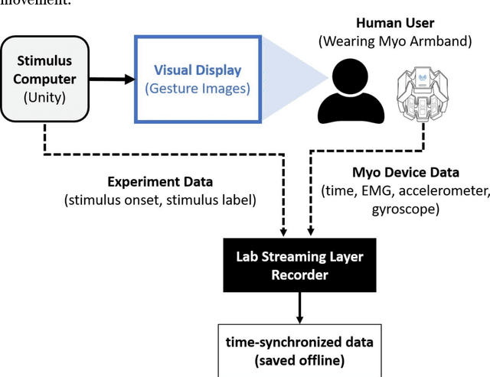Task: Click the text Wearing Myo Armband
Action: click(x=396, y=42)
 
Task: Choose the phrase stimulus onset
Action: click(x=112, y=200)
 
